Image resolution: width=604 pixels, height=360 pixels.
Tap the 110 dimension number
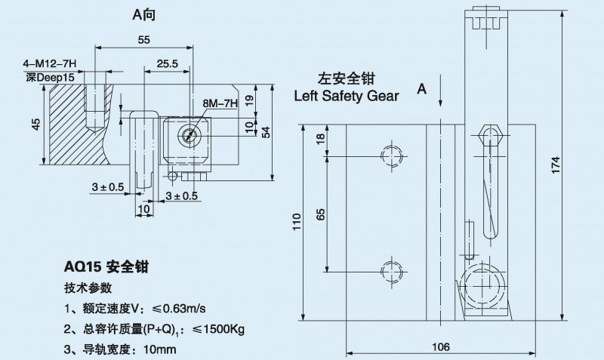297,220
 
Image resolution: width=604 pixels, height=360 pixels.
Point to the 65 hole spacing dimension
321,215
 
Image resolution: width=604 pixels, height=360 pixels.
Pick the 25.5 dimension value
167,65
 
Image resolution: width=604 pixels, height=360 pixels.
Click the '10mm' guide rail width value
159,349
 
